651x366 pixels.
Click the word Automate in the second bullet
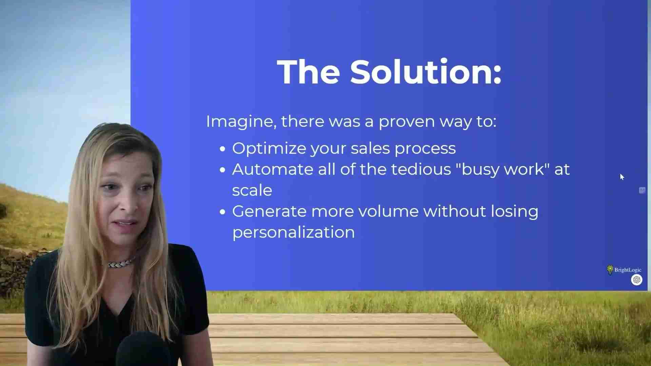(x=272, y=169)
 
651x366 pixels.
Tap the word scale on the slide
(x=252, y=190)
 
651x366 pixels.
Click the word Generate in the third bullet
(x=269, y=211)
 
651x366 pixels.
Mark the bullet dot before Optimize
(x=222, y=149)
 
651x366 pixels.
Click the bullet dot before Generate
(x=222, y=212)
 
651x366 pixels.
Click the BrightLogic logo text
(x=628, y=270)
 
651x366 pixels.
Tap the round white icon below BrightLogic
(x=636, y=280)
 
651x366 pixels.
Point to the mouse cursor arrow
(x=622, y=177)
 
